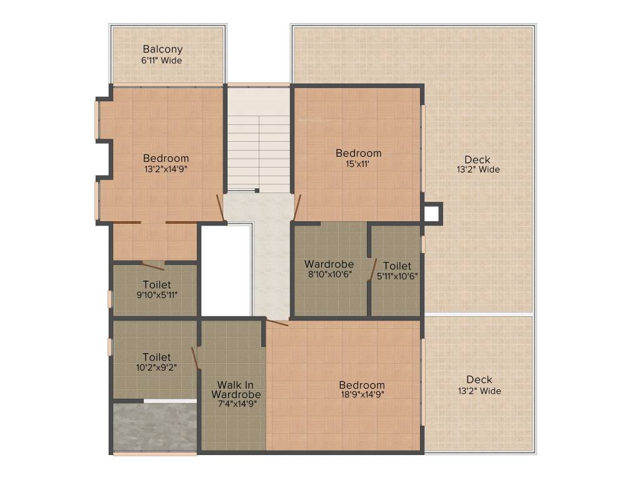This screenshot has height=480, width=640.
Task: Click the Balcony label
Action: tap(162, 49)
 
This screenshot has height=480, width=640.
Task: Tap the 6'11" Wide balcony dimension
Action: tap(162, 61)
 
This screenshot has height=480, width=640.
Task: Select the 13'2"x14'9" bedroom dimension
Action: tap(166, 169)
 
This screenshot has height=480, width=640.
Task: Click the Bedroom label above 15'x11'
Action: tap(358, 153)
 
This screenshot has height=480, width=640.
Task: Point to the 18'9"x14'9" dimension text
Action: tap(362, 394)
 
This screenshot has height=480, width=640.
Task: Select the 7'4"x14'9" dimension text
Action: tap(235, 404)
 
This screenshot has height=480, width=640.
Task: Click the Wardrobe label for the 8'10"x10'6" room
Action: tap(329, 264)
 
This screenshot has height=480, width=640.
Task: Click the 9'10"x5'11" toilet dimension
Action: tap(157, 294)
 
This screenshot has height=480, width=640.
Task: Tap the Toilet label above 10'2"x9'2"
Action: tap(156, 357)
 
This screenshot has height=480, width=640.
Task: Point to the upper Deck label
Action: tap(477, 159)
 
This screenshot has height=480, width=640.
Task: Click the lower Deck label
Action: tap(479, 379)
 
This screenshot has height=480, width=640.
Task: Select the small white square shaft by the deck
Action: tap(432, 214)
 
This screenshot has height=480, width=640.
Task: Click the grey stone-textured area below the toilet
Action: tap(155, 427)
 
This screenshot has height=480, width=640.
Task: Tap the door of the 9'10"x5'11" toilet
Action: tap(153, 266)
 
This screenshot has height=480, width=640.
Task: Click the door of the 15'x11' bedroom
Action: tap(297, 207)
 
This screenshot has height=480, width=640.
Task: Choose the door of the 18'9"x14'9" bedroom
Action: tap(277, 322)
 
